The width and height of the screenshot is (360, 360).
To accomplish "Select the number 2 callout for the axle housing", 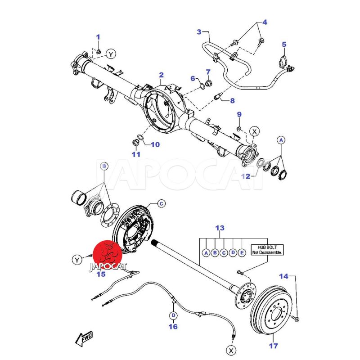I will click(161, 75).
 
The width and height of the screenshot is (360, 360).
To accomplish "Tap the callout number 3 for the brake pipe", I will click(199, 31).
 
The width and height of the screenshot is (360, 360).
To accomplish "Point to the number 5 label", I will click(284, 44).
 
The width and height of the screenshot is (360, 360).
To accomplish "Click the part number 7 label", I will click(208, 72).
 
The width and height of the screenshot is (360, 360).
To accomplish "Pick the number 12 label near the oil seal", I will click(245, 176).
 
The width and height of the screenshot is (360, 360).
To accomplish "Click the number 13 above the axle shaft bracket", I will click(220, 229).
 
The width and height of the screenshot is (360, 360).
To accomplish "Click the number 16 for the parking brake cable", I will click(173, 327).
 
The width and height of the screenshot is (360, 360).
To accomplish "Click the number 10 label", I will click(154, 145).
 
